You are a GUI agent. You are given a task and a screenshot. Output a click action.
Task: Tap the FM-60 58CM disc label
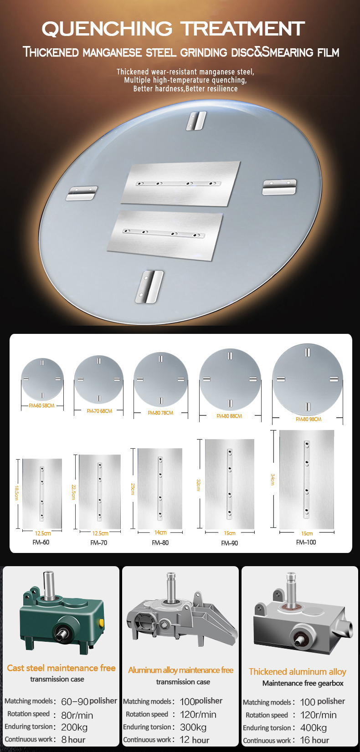point(41,405)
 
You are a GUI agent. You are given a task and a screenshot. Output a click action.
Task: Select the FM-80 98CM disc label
point(309,419)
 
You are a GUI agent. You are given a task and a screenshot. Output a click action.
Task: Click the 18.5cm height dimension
point(16,493)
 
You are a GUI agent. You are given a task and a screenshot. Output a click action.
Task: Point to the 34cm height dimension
point(273,479)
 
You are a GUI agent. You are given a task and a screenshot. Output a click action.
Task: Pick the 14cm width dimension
point(160,532)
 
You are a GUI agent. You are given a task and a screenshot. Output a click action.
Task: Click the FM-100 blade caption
point(306,542)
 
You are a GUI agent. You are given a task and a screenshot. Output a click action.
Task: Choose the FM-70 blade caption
point(98,542)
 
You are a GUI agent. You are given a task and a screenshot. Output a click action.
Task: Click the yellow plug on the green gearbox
point(101,623)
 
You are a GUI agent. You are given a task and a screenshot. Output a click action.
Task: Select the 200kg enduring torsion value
point(74,727)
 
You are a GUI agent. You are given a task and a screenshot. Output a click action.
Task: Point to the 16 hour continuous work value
point(314,740)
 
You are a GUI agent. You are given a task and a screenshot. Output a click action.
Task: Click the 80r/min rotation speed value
point(77,715)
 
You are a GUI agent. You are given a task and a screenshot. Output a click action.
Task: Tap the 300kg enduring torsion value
point(193,727)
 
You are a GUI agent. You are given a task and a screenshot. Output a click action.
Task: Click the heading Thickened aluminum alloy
point(298,671)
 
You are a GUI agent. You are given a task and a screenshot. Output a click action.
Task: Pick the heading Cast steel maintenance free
point(61,668)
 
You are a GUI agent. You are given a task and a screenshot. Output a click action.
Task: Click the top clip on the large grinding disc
point(196,121)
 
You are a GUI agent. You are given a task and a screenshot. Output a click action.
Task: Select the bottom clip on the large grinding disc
point(149,286)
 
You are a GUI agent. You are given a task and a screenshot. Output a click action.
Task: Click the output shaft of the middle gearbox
point(171,588)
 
